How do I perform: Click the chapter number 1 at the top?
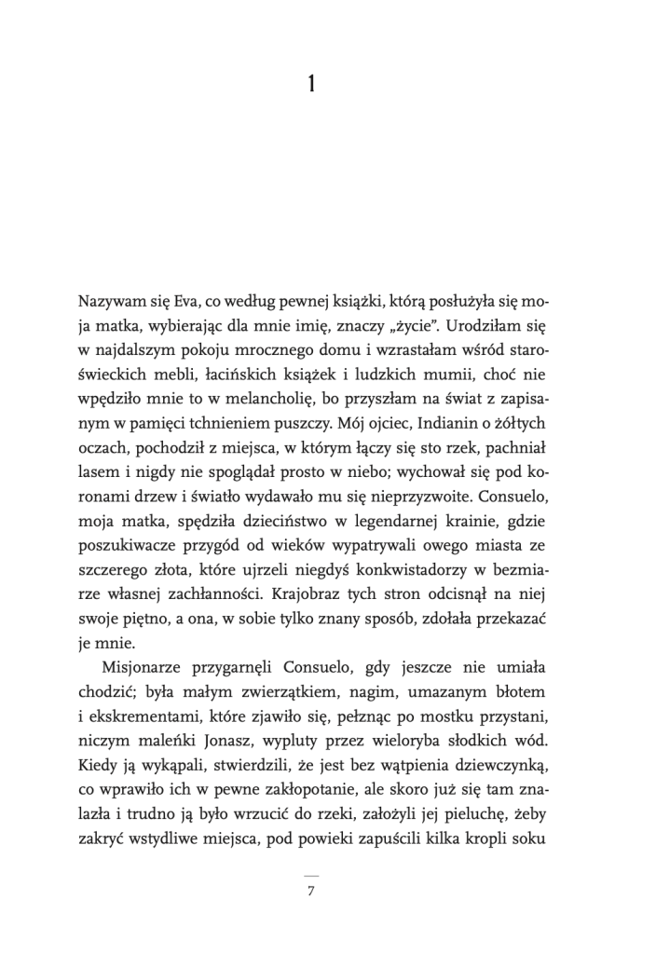311,85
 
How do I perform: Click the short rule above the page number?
311,875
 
